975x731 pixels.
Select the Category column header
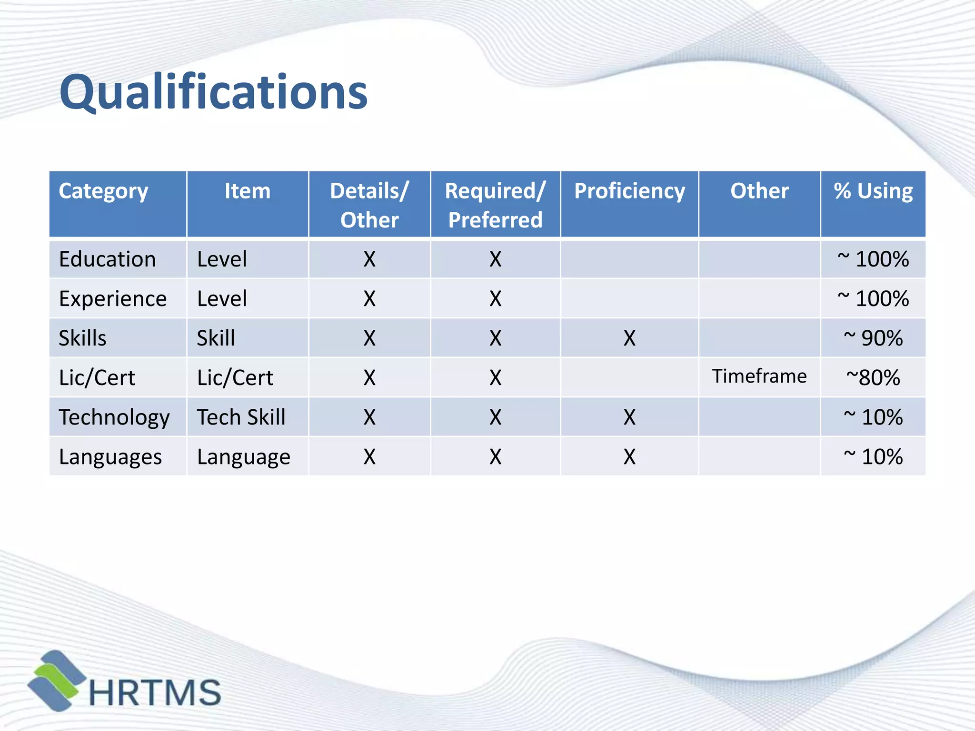(x=103, y=191)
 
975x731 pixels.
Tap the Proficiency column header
(x=629, y=191)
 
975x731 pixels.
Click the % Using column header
(x=873, y=191)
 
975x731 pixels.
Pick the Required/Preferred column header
(x=495, y=205)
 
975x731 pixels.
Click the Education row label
(x=108, y=259)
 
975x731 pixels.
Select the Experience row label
(x=113, y=299)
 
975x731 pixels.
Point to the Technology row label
(x=114, y=417)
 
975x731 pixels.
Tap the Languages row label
(x=110, y=457)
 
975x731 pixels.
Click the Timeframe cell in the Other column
(x=759, y=376)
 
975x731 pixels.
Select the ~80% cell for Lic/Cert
(x=873, y=378)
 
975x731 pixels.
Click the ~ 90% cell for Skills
(x=873, y=338)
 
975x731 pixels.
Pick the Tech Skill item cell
(x=241, y=417)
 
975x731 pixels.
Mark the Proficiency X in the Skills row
(x=629, y=338)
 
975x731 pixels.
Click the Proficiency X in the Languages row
(x=629, y=457)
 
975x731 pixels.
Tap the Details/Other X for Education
(x=369, y=259)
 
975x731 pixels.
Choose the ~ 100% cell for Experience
(x=873, y=299)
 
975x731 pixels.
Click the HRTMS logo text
(x=155, y=692)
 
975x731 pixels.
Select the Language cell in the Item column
(x=244, y=457)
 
